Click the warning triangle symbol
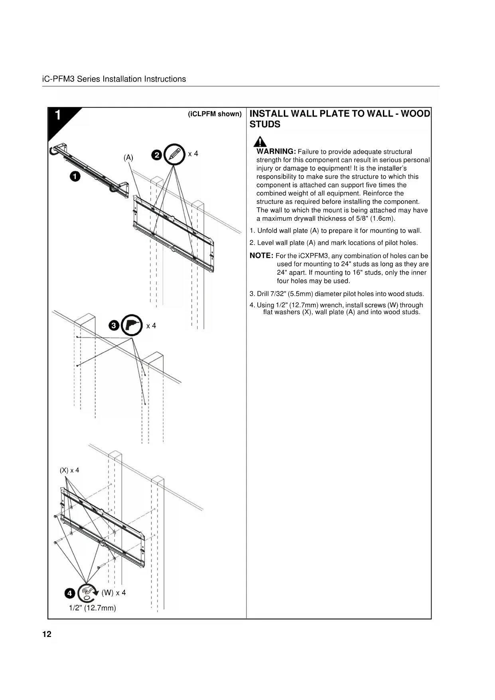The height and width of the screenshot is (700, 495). click(260, 142)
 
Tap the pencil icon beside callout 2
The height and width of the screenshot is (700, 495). click(174, 154)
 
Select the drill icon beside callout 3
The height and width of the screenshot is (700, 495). click(132, 326)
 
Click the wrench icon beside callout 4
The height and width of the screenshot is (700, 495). click(88, 593)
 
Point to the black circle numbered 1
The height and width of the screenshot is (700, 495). click(75, 176)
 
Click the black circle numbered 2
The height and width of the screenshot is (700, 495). click(157, 155)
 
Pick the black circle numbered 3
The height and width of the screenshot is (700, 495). click(114, 326)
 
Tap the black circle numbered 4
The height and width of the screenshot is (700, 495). click(70, 593)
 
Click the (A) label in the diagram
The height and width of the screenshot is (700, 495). click(128, 158)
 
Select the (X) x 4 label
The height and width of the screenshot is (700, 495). click(69, 470)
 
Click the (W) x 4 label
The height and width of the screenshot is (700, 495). click(114, 593)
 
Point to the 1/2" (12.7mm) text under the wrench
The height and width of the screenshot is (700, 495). click(93, 608)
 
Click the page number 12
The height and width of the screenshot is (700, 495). click(47, 634)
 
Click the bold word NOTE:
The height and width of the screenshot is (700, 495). click(261, 255)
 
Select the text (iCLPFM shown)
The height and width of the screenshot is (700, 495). click(215, 114)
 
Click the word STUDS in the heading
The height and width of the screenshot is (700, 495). click(265, 125)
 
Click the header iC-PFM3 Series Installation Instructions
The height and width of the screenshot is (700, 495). click(114, 79)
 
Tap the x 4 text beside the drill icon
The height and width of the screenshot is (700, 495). click(151, 326)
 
